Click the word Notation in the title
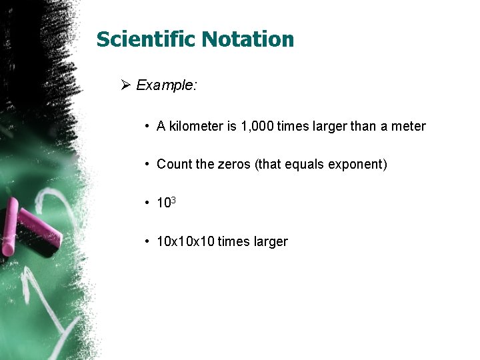coord(248,39)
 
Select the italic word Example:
coord(166,85)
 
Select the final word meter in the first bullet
coord(408,126)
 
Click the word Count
coord(174,164)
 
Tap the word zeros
coord(234,164)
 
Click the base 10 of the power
coord(163,203)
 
